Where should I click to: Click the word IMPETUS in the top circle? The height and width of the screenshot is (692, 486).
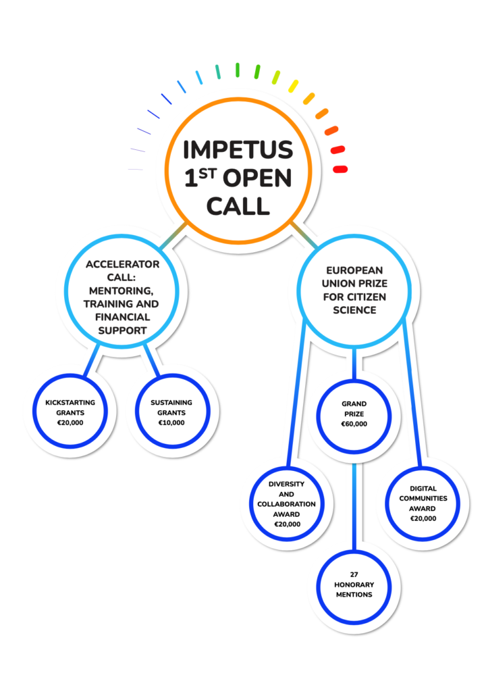click(238, 149)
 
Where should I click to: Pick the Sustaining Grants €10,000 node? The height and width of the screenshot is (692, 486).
click(171, 412)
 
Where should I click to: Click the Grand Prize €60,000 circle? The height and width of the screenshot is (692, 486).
click(354, 414)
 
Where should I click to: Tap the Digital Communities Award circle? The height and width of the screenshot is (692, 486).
click(423, 503)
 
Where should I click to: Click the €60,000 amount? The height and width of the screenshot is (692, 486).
click(354, 424)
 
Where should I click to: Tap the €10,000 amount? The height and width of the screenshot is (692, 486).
click(171, 422)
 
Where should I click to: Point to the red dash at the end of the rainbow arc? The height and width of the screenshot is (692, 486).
click(340, 168)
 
